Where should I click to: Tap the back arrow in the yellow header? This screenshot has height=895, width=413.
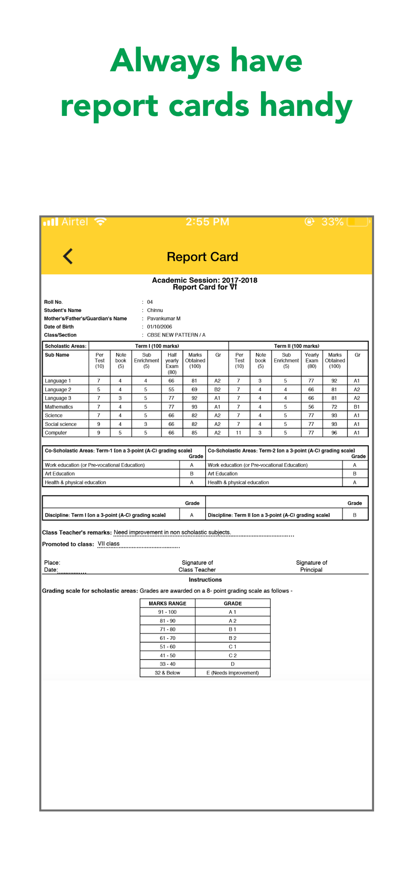(x=68, y=256)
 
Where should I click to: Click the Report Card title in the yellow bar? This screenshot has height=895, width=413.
(x=202, y=257)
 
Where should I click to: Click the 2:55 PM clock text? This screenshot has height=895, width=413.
(x=207, y=222)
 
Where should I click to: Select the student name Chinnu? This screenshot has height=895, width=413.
(x=155, y=310)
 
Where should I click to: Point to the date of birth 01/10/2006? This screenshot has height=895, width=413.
(x=160, y=327)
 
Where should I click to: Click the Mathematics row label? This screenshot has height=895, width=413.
(x=59, y=407)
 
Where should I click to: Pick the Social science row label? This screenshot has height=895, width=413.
(x=61, y=424)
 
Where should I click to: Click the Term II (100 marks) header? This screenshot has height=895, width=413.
(x=296, y=346)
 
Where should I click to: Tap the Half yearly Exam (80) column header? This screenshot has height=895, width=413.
(x=172, y=363)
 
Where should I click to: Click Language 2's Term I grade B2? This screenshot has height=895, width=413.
(x=217, y=389)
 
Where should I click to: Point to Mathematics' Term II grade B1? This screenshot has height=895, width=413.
(x=357, y=407)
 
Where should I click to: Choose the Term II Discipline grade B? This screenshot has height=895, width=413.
(x=355, y=515)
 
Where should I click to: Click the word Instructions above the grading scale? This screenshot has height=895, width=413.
(x=205, y=580)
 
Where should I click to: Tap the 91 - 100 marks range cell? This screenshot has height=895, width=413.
(x=167, y=612)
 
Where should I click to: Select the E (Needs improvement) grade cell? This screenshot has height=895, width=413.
(x=232, y=673)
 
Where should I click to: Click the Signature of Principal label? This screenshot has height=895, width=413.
(x=312, y=566)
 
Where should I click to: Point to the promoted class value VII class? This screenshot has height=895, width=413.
(x=109, y=544)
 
